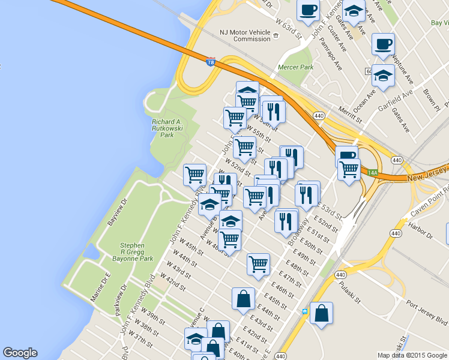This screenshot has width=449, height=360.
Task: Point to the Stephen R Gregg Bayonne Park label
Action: pyautogui.click(x=132, y=253)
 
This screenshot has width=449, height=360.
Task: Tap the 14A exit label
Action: pyautogui.click(x=372, y=173)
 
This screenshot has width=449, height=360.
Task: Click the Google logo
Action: pyautogui.click(x=20, y=353)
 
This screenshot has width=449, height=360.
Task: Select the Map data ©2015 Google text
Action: pyautogui.click(x=411, y=355)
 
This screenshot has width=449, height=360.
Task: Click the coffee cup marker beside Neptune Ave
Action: pyautogui.click(x=383, y=44)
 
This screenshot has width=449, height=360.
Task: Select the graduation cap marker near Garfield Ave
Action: pyautogui.click(x=383, y=76)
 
